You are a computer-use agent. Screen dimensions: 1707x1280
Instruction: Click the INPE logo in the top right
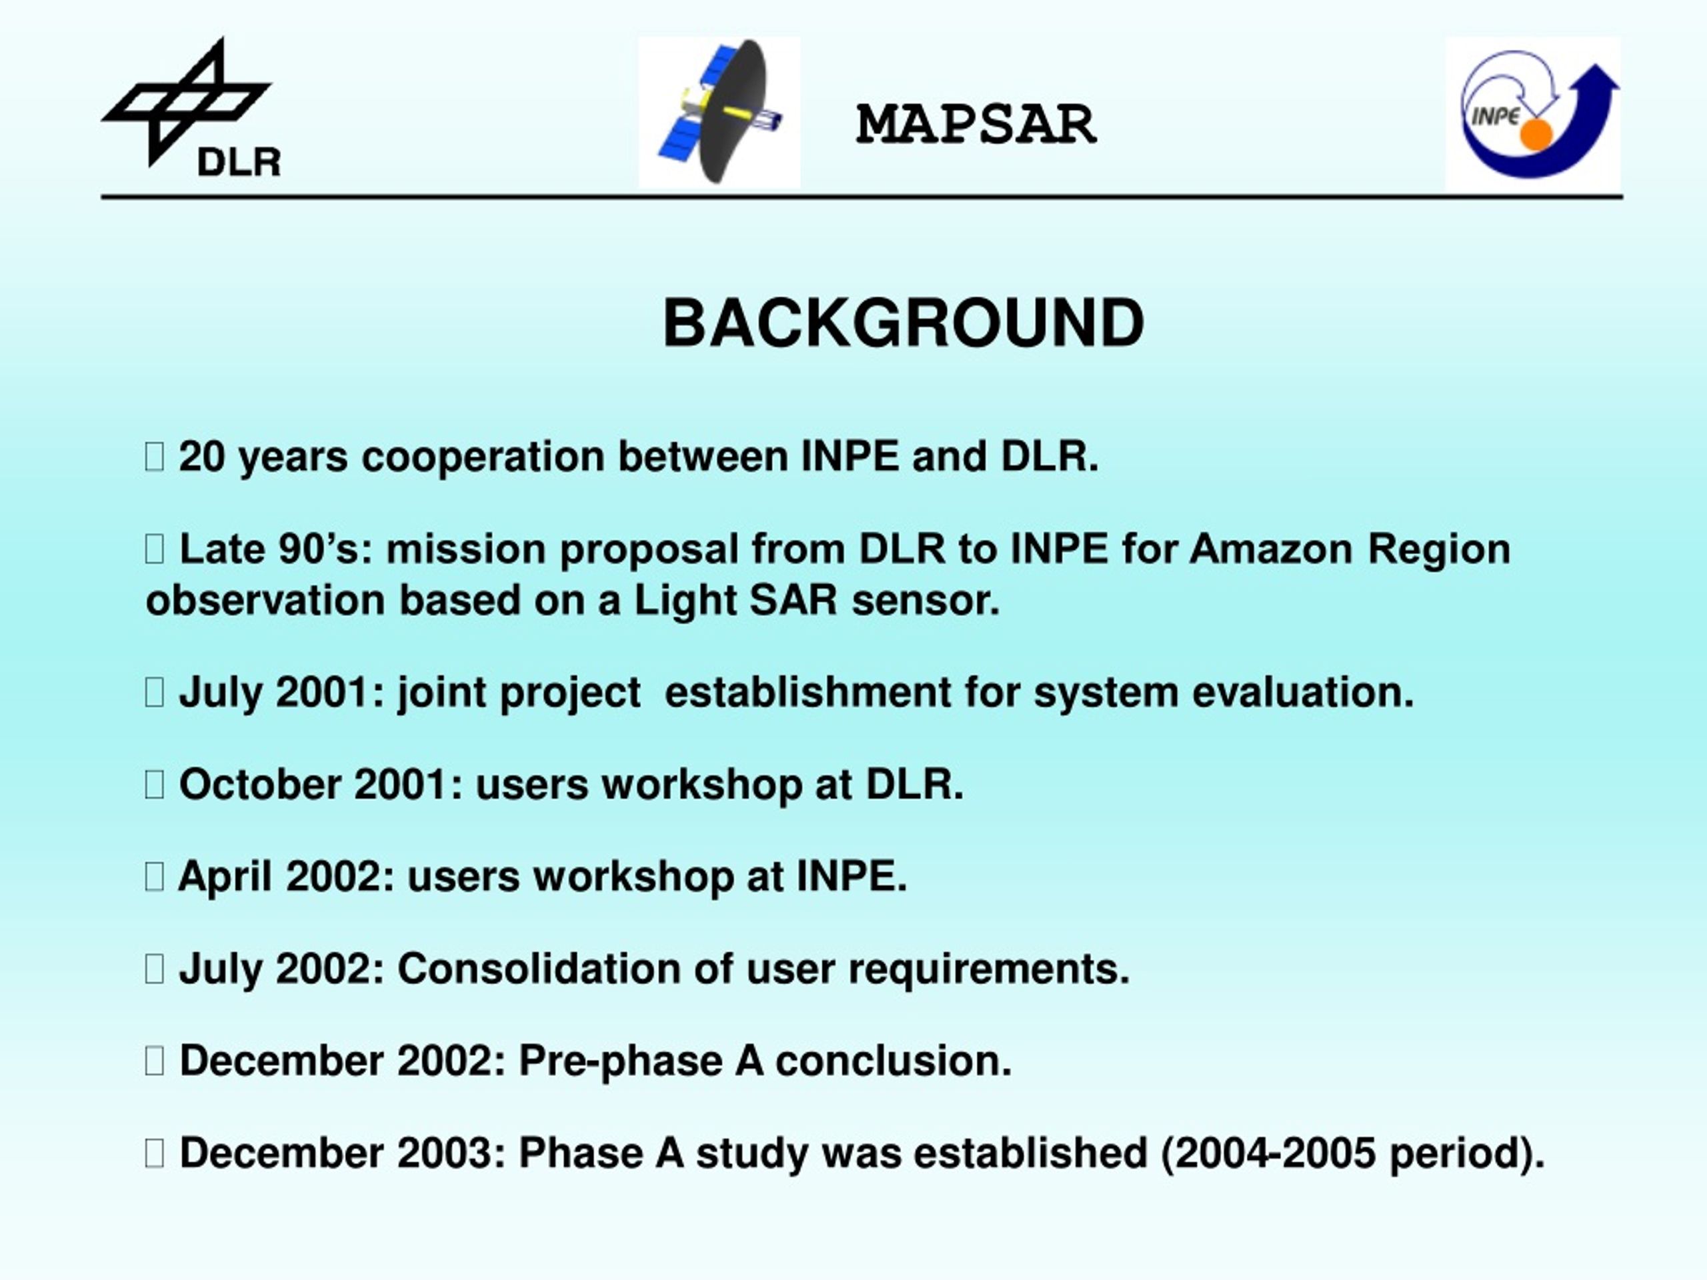point(1532,113)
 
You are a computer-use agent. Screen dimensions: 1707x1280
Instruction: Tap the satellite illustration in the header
point(719,113)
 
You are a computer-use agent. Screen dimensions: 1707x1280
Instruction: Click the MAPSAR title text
point(976,124)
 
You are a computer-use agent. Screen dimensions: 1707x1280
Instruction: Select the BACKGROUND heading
point(903,323)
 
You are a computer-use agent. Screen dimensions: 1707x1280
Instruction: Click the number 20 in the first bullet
point(201,456)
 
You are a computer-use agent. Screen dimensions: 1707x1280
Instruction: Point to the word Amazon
point(1271,549)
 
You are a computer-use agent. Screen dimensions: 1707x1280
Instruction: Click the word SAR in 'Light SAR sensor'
point(793,600)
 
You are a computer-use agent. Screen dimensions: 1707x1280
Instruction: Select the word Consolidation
point(539,969)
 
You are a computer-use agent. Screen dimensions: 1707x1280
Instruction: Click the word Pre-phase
point(619,1061)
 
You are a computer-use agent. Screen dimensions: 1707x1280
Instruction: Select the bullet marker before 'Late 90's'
point(154,549)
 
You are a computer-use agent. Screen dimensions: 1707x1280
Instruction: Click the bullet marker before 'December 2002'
point(154,1061)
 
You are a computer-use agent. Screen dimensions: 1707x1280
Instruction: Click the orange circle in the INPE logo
point(1536,134)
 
